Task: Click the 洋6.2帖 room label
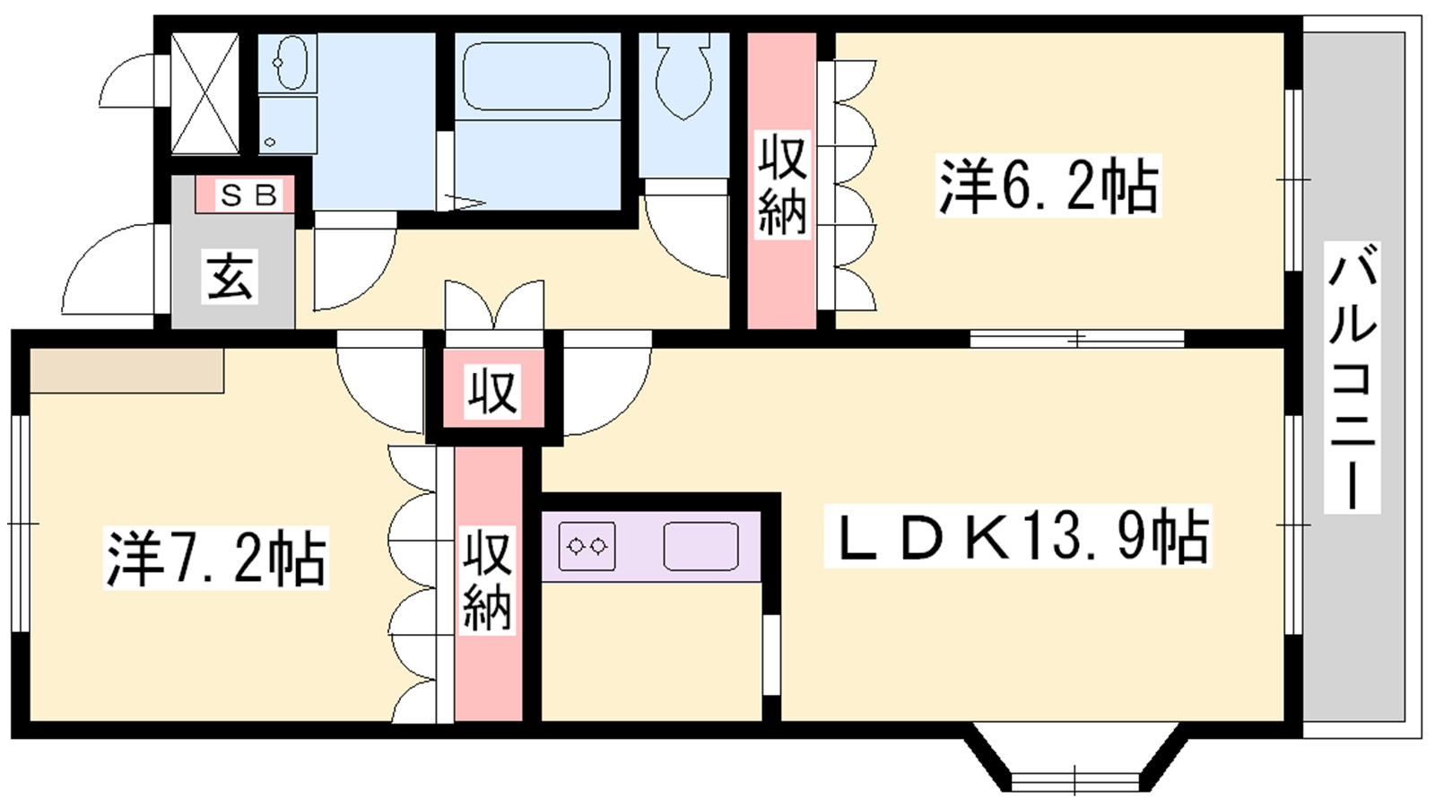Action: [x=1048, y=185]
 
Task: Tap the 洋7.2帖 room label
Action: [x=216, y=557]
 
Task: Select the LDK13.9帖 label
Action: [x=1017, y=535]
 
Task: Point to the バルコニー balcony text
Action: [x=1352, y=377]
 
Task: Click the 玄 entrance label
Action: [x=230, y=276]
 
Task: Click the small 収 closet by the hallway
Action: [x=492, y=391]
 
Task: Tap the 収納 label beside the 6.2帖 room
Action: [x=781, y=185]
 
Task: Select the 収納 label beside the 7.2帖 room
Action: [x=488, y=580]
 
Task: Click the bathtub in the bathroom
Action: [x=536, y=76]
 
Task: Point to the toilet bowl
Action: [x=684, y=75]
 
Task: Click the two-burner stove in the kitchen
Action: [x=587, y=546]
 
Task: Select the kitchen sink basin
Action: [x=700, y=546]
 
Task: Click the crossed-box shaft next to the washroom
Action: [x=205, y=93]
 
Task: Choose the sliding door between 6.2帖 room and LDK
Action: [x=1077, y=338]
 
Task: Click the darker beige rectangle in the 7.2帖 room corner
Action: [x=126, y=370]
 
